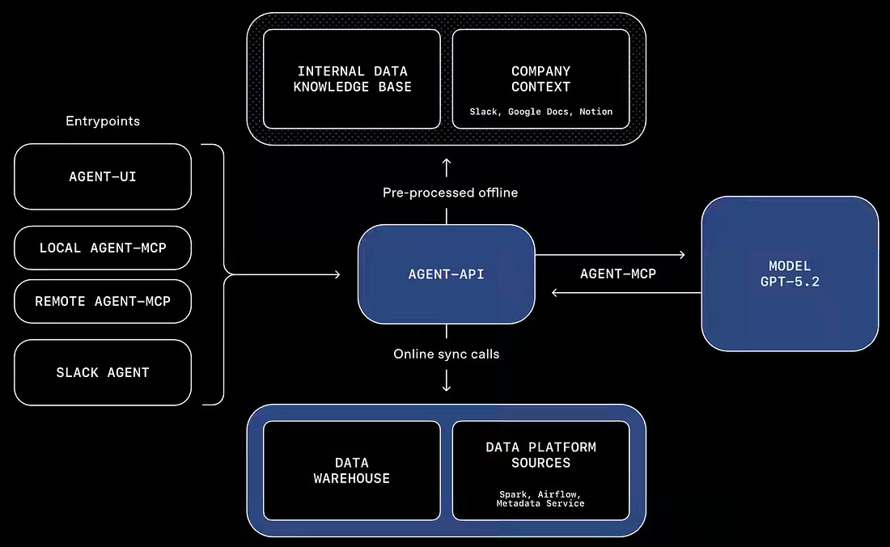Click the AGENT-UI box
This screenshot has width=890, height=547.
coord(103,176)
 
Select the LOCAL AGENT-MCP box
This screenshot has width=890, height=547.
coord(103,248)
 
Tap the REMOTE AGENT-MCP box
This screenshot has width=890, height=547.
coord(103,301)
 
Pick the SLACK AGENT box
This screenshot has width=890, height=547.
coord(103,372)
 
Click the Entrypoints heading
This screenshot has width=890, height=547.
coord(103,121)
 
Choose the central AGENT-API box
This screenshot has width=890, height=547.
coord(446,274)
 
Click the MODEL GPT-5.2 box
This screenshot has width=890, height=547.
coord(790,273)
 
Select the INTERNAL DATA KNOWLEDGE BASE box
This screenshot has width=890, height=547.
coord(352,78)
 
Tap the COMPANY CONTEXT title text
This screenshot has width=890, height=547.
coord(541,78)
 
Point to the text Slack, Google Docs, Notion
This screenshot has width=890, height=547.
coord(541,112)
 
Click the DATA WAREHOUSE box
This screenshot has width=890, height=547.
coord(352,470)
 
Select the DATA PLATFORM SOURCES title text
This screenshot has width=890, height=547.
coord(541,455)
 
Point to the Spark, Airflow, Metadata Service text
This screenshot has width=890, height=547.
coord(540,498)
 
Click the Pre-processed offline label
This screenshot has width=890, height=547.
coord(450,193)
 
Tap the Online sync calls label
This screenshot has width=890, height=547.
coord(446,354)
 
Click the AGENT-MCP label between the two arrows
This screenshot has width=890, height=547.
coord(618,274)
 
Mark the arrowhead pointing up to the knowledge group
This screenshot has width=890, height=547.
coord(447,163)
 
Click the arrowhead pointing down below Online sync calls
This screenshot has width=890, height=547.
coord(447,387)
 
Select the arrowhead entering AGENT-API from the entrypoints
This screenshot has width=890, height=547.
coord(337,274)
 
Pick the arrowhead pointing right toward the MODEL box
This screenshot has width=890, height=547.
coord(682,255)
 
